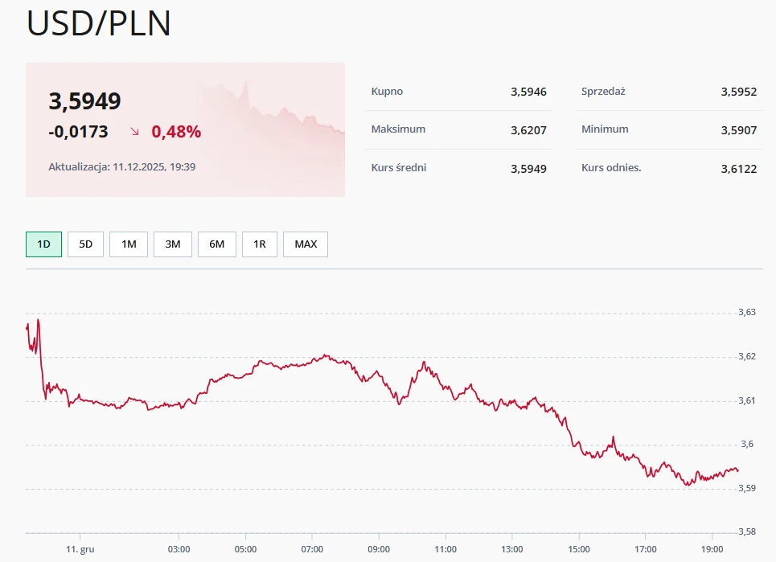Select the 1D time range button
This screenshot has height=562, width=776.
tap(43, 244)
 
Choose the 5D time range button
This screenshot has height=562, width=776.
tap(85, 244)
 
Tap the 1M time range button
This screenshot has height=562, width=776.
tap(129, 244)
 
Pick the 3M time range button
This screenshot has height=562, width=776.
tap(172, 244)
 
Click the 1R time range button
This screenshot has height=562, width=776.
tap(259, 244)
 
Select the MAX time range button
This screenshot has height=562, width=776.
tap(306, 244)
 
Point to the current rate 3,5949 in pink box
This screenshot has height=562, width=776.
tap(85, 101)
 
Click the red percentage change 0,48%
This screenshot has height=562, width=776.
tap(176, 131)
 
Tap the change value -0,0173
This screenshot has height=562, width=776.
tap(78, 131)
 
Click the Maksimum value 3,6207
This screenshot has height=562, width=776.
tap(528, 129)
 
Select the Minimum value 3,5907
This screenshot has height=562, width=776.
tap(739, 129)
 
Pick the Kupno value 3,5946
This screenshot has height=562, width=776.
tap(528, 92)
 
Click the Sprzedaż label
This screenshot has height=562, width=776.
tap(603, 92)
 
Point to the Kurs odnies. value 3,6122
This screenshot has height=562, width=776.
tap(739, 168)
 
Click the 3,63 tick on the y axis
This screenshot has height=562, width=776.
tap(747, 312)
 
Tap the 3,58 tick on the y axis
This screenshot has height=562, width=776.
tap(747, 531)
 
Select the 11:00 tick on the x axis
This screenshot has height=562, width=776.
tap(445, 549)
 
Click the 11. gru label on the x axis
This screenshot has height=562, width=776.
tap(80, 549)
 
